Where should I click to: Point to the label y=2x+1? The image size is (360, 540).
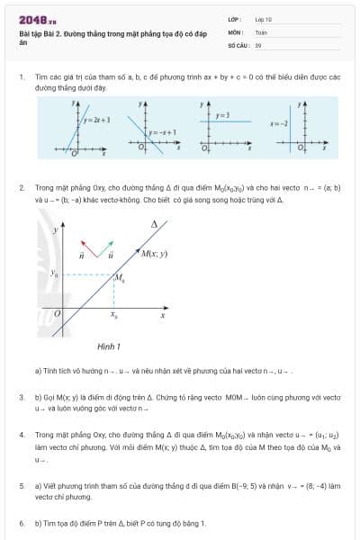[96, 119]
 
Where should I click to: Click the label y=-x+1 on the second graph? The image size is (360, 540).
[162, 132]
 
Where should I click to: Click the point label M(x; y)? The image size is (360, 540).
[154, 255]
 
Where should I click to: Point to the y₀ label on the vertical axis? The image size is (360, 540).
[54, 273]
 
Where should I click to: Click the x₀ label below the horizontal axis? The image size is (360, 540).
[113, 315]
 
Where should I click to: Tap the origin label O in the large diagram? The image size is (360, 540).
[58, 314]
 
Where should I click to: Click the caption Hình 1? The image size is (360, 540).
[109, 346]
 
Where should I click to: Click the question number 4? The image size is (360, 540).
[22, 435]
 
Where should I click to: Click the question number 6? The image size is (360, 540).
[22, 522]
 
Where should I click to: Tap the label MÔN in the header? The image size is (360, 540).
[235, 31]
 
